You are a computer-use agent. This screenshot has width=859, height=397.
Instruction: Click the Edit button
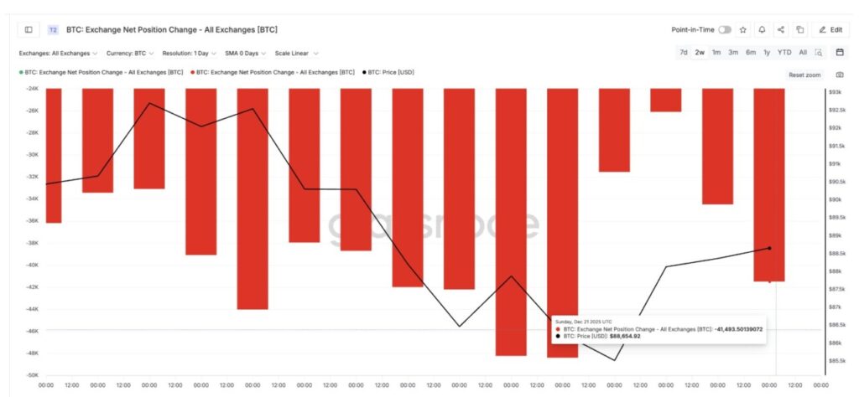pos(830,29)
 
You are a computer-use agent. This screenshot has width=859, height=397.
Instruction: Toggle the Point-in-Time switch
pos(725,29)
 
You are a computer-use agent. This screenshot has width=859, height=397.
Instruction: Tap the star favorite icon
pos(743,29)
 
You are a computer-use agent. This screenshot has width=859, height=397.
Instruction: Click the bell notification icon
pos(762,29)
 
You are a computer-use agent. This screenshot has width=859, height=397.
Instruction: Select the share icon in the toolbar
pos(781,29)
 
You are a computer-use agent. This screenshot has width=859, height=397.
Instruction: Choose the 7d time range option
pos(684,52)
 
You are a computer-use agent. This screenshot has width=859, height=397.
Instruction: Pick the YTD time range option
pos(784,52)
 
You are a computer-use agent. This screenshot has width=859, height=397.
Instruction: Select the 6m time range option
pos(751,52)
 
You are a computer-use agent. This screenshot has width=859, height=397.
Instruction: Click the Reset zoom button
pos(804,75)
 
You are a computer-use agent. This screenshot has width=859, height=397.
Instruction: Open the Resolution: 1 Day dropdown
pos(191,53)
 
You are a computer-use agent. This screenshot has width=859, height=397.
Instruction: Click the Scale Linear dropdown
pos(296,53)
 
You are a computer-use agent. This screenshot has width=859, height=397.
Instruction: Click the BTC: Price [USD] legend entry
pos(390,72)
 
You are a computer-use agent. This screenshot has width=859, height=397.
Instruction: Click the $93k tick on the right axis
pos(836,91)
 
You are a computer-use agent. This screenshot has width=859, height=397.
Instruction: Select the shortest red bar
pos(665,100)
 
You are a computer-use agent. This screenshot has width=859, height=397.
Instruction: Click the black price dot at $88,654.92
pos(770,248)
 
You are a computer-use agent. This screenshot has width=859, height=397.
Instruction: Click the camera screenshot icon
pos(840,75)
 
